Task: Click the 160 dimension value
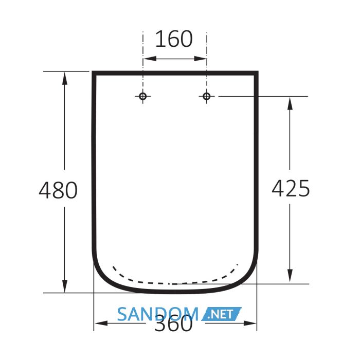coord(174,39)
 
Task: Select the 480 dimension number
coord(58,190)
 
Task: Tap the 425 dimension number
coord(291,189)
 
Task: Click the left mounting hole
coord(143,96)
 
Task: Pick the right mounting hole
coord(207,96)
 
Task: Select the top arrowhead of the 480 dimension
coord(65,78)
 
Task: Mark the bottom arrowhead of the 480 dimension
coord(65,286)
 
